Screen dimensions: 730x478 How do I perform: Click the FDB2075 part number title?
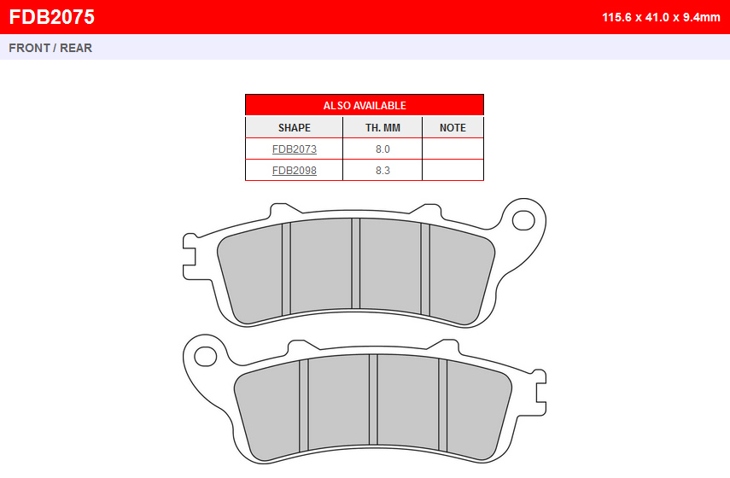click(52, 17)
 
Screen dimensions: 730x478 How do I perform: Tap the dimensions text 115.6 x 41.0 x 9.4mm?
click(661, 17)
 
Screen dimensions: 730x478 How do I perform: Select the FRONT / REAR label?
click(50, 48)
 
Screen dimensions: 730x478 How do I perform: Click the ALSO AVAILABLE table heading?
click(365, 106)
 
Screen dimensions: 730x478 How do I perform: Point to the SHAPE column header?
click(295, 127)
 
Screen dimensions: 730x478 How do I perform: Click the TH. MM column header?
click(383, 127)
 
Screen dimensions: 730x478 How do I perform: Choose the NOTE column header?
click(453, 127)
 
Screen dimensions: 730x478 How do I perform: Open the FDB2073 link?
click(295, 149)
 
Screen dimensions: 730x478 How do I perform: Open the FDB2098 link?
click(295, 171)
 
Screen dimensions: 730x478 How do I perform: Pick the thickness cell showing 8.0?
click(383, 149)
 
